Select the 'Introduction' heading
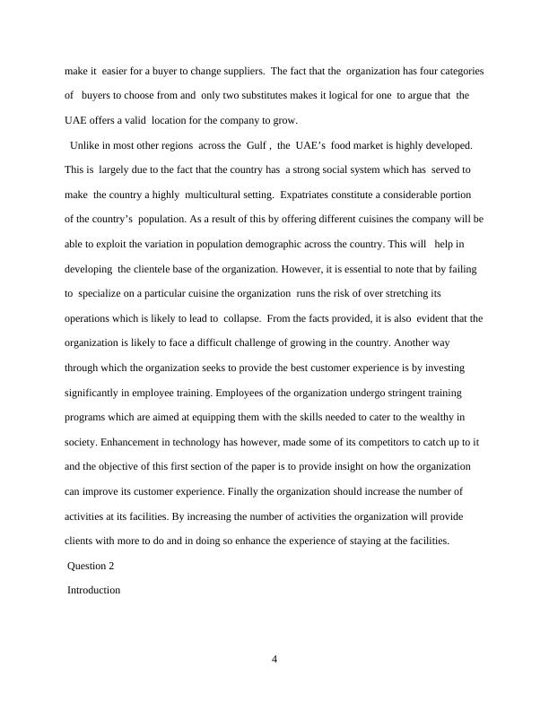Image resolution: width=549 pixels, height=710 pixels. (x=94, y=591)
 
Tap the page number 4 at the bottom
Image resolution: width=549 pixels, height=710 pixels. (x=274, y=661)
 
